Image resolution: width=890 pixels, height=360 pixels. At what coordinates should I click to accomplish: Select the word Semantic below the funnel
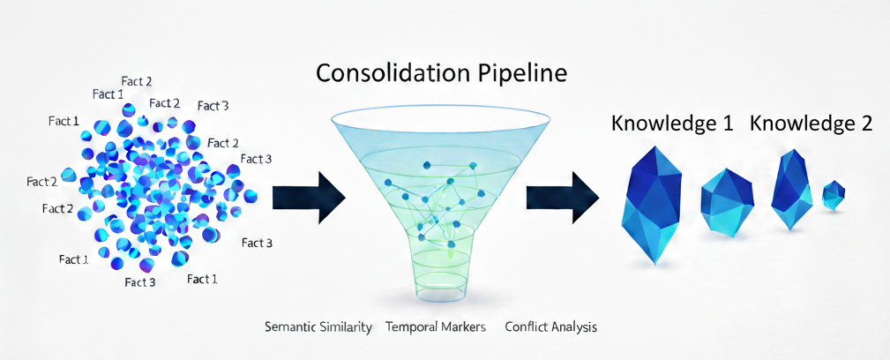point(292,327)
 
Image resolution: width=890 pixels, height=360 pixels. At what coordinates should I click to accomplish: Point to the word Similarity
point(348,327)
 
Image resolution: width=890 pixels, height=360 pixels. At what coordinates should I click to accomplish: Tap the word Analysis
point(574,327)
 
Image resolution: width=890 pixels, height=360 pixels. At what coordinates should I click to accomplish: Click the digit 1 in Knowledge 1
point(727,124)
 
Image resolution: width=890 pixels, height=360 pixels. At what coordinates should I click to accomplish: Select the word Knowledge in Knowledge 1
point(664,124)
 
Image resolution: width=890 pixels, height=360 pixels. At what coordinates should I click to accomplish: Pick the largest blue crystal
point(653,205)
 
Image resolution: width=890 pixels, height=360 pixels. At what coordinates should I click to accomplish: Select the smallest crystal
point(834,195)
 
